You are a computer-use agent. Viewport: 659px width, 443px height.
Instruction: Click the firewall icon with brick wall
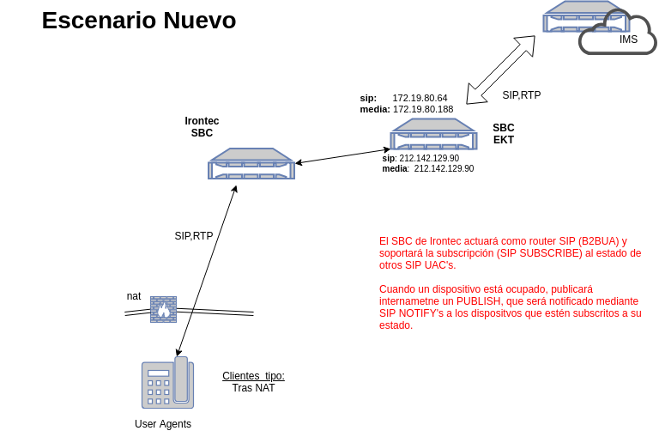point(163,309)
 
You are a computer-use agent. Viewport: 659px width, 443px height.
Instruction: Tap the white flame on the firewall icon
point(163,312)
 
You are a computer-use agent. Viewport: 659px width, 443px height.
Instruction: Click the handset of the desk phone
point(181,379)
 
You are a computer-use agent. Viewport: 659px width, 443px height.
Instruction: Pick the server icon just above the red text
point(433,135)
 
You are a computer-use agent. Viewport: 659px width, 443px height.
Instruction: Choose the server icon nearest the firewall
point(251,164)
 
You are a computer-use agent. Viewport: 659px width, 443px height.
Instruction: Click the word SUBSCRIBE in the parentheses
point(548,253)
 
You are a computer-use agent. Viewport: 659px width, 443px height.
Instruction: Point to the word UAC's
point(440,265)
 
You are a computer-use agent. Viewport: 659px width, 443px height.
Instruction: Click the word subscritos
point(588,313)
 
